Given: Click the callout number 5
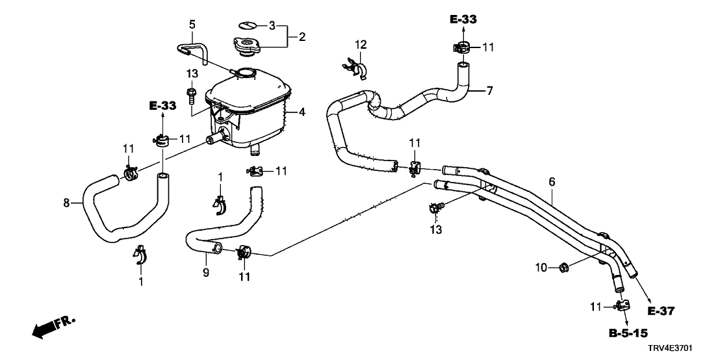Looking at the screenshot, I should point(192,24).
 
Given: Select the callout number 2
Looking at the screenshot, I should point(302,37).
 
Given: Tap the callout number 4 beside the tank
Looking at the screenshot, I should point(302,112).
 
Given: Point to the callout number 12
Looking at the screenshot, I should point(361,45).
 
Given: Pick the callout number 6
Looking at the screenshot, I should point(552,183).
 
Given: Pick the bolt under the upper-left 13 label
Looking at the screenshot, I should point(191,95).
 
